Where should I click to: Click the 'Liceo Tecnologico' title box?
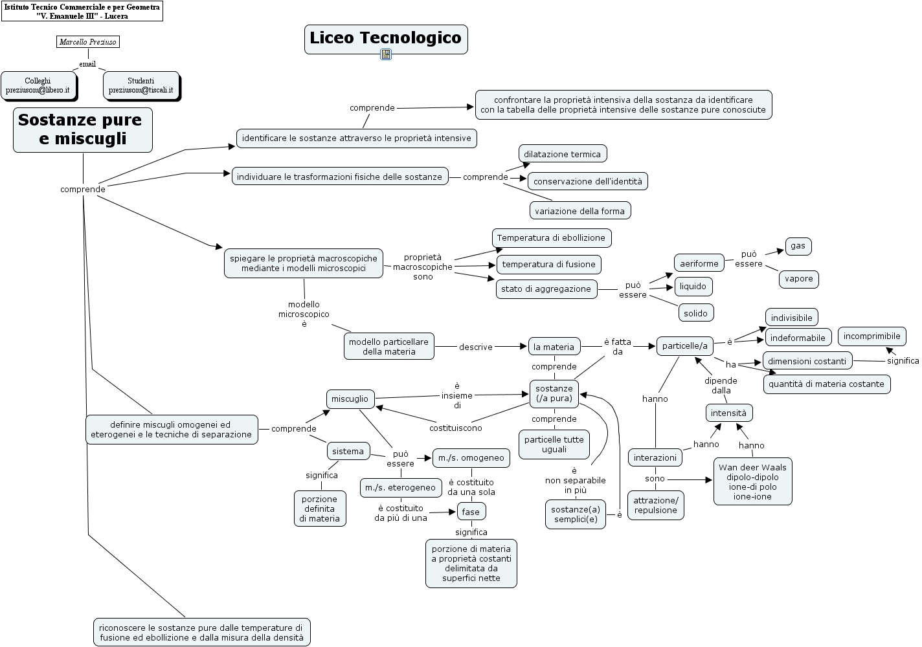(386, 38)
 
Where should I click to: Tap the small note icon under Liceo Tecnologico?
(386, 54)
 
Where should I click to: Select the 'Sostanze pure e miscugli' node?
(83, 129)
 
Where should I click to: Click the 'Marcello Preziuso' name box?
(88, 42)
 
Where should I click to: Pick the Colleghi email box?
(38, 85)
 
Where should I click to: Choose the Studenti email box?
(141, 85)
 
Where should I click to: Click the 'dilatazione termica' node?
(562, 154)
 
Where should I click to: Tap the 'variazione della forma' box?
(579, 211)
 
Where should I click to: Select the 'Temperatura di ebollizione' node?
(551, 237)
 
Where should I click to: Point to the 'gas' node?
(798, 246)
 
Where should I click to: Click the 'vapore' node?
(798, 279)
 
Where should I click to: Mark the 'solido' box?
(695, 313)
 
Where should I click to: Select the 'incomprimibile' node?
(871, 336)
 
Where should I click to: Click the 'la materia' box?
(554, 347)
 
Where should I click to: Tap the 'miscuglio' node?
(350, 399)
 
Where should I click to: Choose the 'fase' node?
(471, 512)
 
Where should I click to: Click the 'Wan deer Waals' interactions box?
(752, 482)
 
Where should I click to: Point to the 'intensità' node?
(728, 413)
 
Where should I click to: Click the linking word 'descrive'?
(476, 347)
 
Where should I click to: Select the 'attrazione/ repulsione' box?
(655, 505)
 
